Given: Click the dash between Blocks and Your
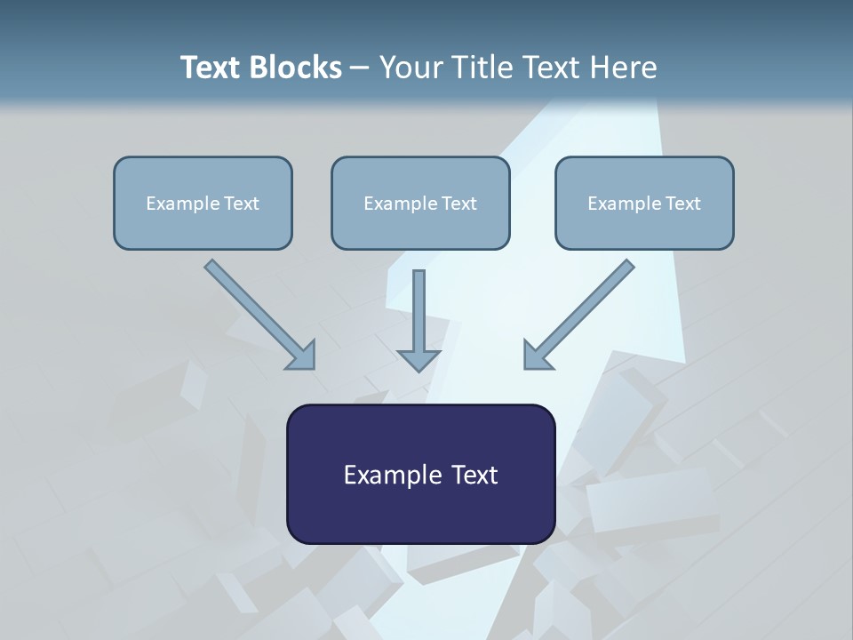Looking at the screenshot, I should (x=360, y=68).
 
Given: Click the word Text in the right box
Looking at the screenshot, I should (x=682, y=204).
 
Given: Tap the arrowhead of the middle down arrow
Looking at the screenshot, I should (x=419, y=359).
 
